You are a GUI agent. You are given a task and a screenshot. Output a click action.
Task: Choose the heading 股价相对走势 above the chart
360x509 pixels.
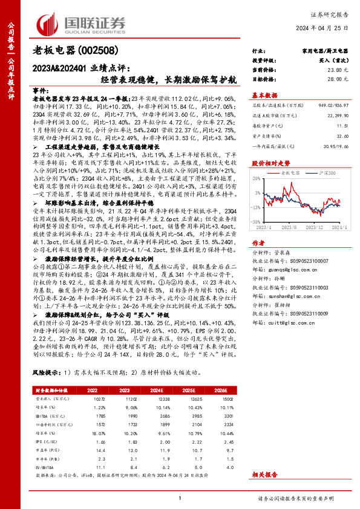(x=270, y=163)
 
